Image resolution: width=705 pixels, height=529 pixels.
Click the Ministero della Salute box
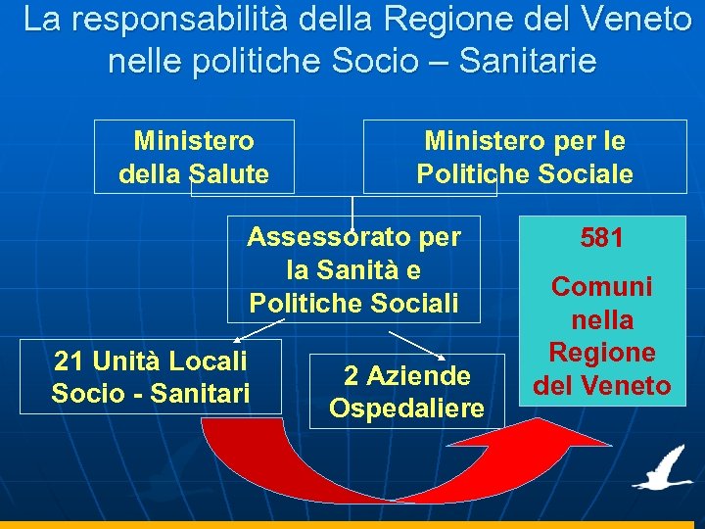(x=194, y=157)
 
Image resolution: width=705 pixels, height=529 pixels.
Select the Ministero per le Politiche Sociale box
(x=524, y=157)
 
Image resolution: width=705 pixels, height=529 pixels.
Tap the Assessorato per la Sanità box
(x=353, y=268)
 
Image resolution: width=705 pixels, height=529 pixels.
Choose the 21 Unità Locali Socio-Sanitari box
(x=150, y=376)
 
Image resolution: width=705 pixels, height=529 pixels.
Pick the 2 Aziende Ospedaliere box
(x=406, y=391)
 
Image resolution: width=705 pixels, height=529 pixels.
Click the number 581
(x=601, y=238)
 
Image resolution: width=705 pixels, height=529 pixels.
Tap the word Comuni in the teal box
(x=601, y=287)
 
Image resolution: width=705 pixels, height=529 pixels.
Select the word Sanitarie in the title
(x=527, y=62)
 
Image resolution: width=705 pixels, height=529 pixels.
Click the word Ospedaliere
(x=406, y=407)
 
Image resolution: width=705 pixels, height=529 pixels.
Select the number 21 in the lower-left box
(x=69, y=361)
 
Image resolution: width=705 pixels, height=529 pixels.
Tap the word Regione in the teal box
(x=601, y=353)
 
